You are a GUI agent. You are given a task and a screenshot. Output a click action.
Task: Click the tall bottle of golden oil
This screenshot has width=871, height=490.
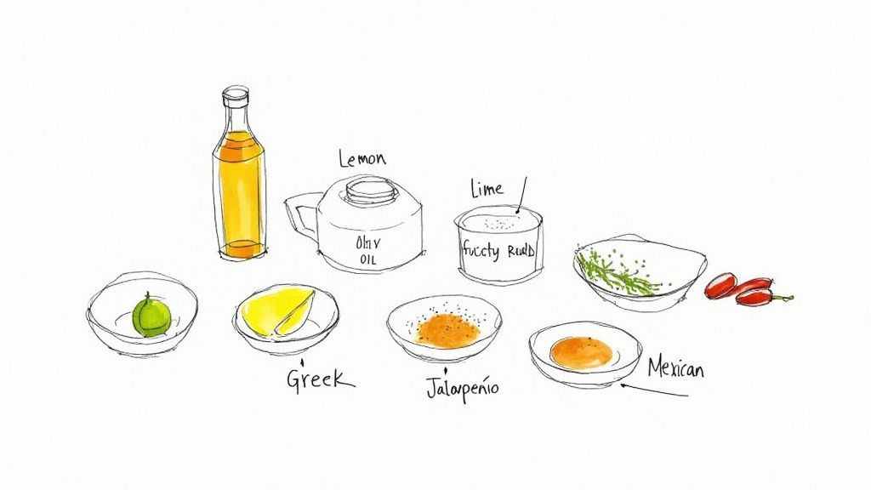click(x=238, y=187)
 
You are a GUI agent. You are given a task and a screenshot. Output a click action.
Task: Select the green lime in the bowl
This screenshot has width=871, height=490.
click(x=151, y=315)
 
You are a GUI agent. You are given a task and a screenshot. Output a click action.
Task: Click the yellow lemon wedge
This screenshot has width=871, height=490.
click(x=277, y=311)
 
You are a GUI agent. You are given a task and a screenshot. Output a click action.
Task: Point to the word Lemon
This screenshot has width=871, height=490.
click(x=362, y=159)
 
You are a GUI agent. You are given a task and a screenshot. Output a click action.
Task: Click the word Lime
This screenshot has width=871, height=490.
click(x=486, y=189)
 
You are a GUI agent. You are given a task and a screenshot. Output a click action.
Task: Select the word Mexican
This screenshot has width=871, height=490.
click(x=676, y=368)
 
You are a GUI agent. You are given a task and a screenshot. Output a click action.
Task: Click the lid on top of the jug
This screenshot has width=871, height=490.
click(x=370, y=190)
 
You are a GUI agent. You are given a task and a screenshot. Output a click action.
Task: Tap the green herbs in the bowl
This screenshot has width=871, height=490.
click(x=618, y=271)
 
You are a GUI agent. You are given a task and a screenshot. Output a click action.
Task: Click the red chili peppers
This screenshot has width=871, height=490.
click(x=738, y=288)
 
